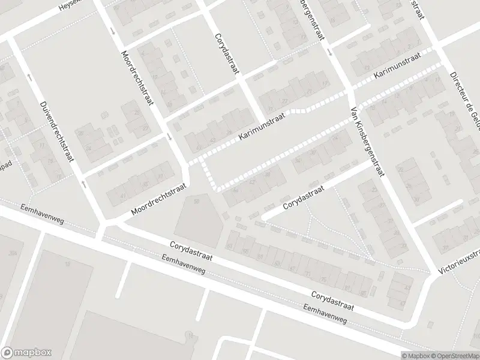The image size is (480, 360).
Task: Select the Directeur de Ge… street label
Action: point(464,98)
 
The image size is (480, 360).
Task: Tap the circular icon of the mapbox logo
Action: point(7,353)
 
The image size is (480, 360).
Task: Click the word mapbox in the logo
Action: point(32,353)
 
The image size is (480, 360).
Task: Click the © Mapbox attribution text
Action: point(415,355)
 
